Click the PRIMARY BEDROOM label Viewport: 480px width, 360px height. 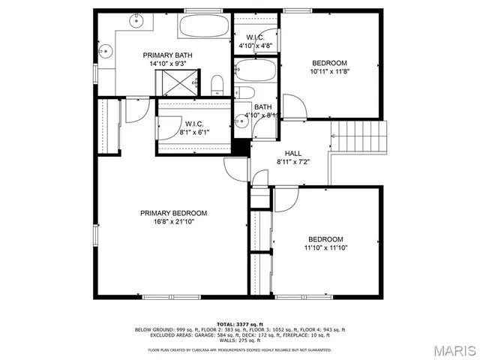coord(173,213)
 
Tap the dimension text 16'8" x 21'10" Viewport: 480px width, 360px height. coord(173,222)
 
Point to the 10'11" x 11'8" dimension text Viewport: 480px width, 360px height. coord(329,71)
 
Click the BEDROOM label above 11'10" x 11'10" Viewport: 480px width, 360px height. coord(325,238)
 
